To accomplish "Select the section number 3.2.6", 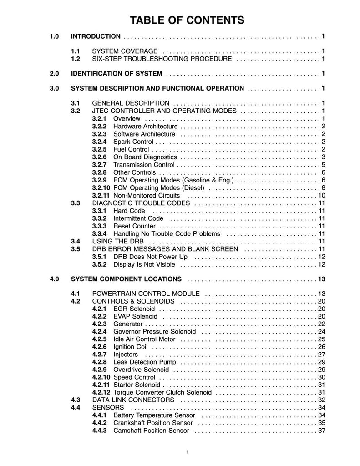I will [x=99, y=157].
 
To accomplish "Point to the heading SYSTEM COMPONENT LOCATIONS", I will [x=127, y=279].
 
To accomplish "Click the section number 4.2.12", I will [x=101, y=392].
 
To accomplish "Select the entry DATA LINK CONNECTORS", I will [x=133, y=400].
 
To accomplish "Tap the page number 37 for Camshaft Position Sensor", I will [x=321, y=431].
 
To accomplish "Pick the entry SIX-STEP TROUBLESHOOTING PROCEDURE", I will [x=162, y=59].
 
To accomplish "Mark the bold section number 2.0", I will [x=54, y=73].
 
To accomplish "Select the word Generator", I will [x=128, y=324].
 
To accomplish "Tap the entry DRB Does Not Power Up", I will [x=150, y=257].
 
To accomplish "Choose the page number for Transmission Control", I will [x=323, y=165].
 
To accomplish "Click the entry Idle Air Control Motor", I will [x=143, y=339].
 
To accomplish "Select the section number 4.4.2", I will [x=99, y=423].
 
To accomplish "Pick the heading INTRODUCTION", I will [x=96, y=36].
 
